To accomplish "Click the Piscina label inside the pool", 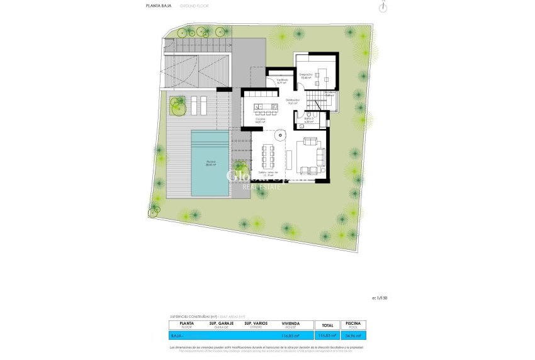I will coord(211,163).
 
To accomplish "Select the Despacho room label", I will coord(306,76).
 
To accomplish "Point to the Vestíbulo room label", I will coord(281,81).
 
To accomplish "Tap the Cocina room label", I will coord(260,120).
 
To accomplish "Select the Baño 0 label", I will coord(308,120).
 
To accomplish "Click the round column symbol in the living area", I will coord(278,133).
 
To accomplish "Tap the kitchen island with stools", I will coord(260,106).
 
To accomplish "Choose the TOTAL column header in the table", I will coord(327,325).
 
